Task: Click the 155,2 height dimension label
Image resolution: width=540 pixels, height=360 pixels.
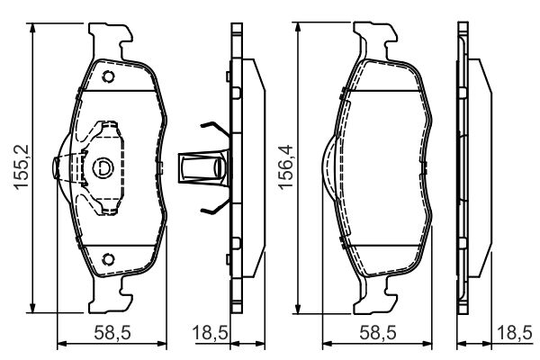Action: [x=22, y=166]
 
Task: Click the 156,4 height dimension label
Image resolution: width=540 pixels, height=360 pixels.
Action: [x=286, y=167]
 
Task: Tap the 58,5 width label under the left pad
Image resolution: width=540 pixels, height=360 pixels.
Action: [x=112, y=333]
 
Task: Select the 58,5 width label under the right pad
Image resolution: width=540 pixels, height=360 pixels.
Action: [x=378, y=333]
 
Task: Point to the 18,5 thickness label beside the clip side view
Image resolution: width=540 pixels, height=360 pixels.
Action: [x=210, y=333]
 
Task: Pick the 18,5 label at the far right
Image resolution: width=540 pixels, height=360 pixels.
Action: [x=515, y=333]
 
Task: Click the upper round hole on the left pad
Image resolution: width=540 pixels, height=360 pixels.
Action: [x=108, y=76]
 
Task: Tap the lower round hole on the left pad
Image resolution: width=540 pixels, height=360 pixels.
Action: [x=108, y=259]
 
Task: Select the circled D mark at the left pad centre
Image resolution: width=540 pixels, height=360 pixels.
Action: [x=103, y=167]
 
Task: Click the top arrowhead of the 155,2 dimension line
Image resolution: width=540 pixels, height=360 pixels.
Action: [x=32, y=28]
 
